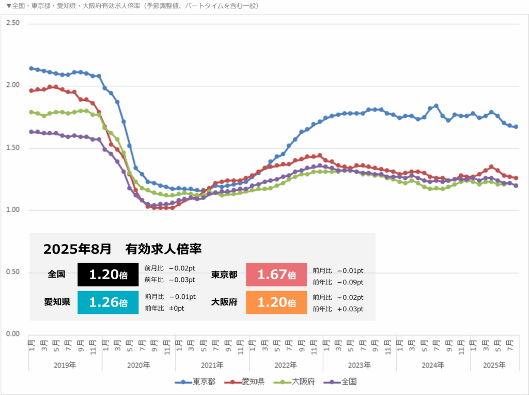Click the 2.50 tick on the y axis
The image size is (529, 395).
point(12,23)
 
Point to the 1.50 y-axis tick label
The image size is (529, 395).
point(12,148)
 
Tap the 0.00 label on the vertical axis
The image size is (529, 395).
point(12,334)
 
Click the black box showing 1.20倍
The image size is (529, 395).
point(108,275)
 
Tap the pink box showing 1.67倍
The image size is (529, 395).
point(276,275)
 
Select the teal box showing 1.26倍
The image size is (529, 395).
point(108,302)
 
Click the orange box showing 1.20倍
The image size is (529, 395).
point(276,302)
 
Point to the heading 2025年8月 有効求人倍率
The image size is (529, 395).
point(122,249)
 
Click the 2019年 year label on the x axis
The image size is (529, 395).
point(65,365)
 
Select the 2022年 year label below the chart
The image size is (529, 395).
point(286,365)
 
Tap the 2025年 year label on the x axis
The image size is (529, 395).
point(494,365)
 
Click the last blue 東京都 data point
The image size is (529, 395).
point(516,127)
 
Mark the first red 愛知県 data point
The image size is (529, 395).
point(32,90)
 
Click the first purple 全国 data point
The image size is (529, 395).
point(32,132)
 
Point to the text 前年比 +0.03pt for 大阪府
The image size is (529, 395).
point(338,309)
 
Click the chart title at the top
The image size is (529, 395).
point(132,6)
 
